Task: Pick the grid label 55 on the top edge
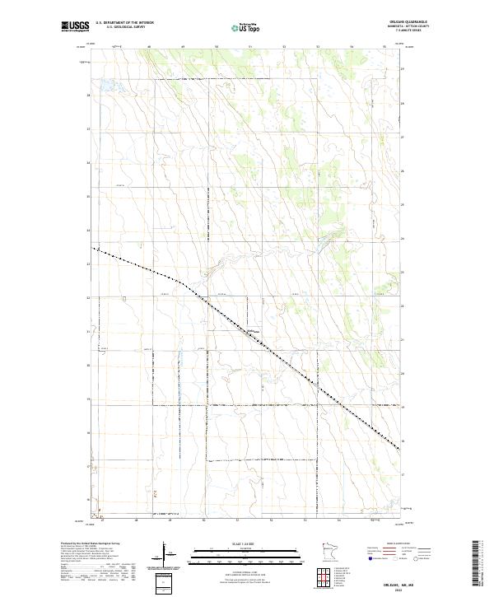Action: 384,47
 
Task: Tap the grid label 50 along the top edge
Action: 216,47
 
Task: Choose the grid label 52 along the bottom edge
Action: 272,521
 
